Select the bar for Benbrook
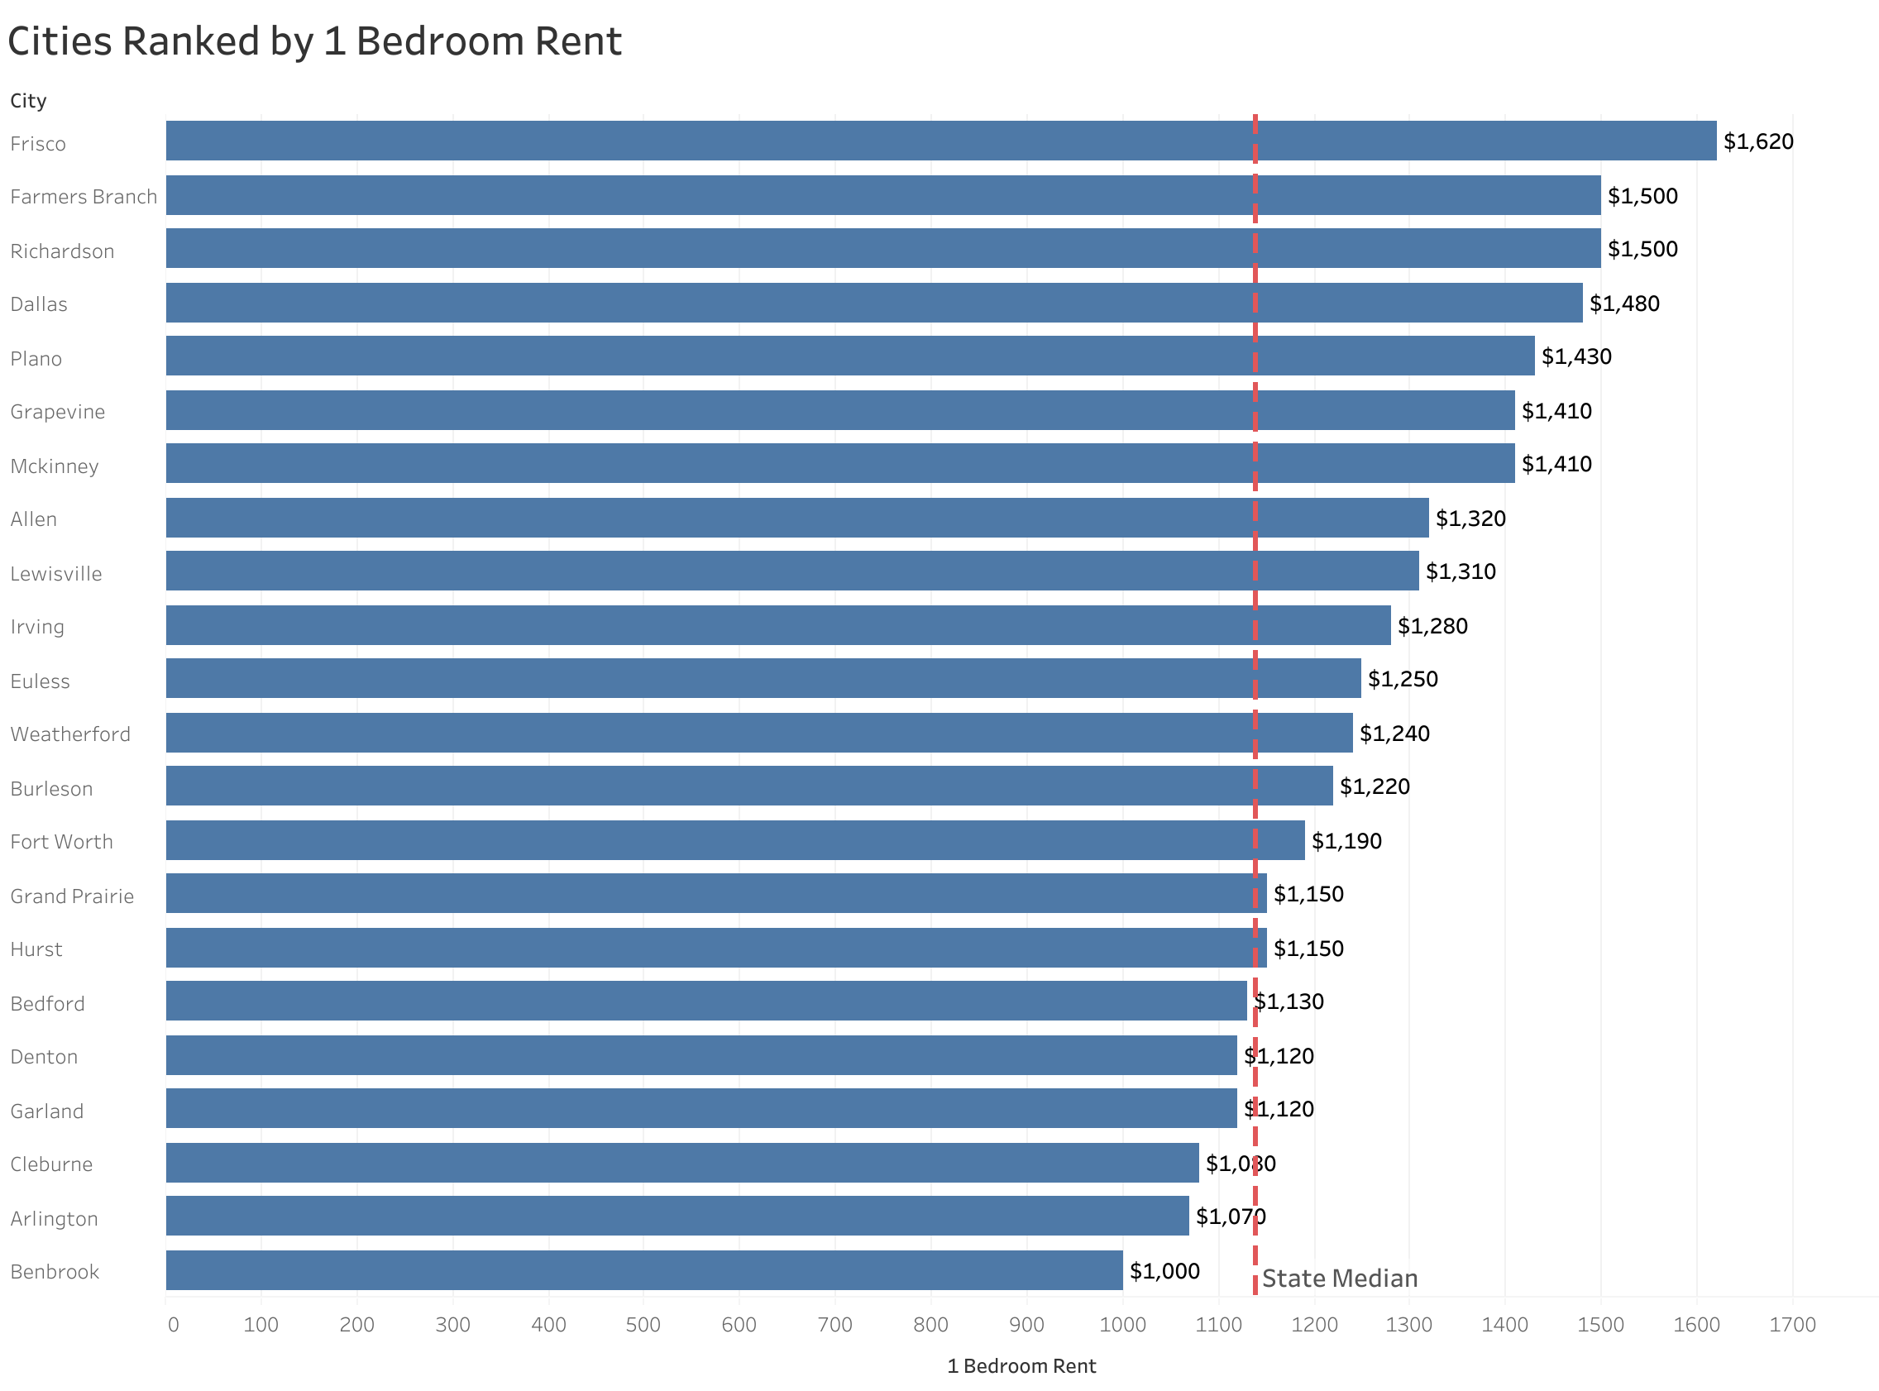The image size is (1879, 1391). tap(644, 1269)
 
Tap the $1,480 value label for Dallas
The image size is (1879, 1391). tap(1624, 304)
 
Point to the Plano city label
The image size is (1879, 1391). tap(36, 359)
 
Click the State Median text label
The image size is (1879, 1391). tap(1340, 1279)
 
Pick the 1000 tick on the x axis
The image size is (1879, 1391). tap(1122, 1325)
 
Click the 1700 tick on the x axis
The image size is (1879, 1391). tap(1792, 1325)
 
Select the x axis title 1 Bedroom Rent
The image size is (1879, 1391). tap(1021, 1365)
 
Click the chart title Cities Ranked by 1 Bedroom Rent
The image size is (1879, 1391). tap(314, 41)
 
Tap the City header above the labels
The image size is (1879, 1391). tap(28, 101)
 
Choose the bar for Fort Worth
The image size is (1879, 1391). tap(734, 839)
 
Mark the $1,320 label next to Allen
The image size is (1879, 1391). tap(1470, 518)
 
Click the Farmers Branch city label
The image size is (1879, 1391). tap(84, 197)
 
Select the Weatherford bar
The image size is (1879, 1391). tap(758, 732)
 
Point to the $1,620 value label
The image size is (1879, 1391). tap(1757, 141)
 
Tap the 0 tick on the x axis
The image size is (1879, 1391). tap(173, 1325)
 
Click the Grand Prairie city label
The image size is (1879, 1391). tap(73, 896)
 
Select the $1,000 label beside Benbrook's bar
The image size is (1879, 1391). tap(1164, 1270)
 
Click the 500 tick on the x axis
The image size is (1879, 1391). tap(644, 1325)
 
